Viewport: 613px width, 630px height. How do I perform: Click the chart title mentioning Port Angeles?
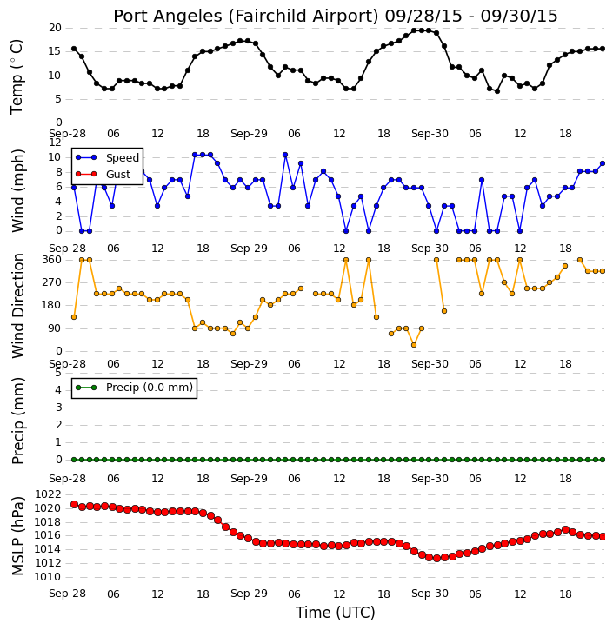tap(336, 16)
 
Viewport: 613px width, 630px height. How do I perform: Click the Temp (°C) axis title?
tap(17, 76)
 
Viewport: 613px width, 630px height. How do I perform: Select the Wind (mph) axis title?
tap(17, 190)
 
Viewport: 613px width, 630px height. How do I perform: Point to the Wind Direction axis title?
tap(17, 305)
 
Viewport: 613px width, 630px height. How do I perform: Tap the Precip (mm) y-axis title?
tap(17, 421)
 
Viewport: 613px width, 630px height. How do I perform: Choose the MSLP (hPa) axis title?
tap(17, 535)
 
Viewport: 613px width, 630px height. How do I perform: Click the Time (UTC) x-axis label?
tap(336, 613)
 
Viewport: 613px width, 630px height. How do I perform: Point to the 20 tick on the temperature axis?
tap(55, 28)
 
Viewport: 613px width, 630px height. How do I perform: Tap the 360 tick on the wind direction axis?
tap(52, 260)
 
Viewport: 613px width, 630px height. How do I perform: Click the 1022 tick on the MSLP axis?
tap(48, 494)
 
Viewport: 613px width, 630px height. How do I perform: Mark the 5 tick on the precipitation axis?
tap(58, 373)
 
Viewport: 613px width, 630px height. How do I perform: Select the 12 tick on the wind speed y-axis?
tap(55, 143)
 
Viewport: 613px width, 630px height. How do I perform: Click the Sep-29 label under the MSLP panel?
tap(249, 594)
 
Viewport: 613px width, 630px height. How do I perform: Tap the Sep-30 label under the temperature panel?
tap(430, 134)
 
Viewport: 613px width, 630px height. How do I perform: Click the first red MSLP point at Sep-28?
tap(74, 504)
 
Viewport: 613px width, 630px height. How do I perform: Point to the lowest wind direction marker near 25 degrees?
tap(414, 345)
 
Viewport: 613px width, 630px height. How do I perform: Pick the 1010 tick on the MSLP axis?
tap(48, 577)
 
